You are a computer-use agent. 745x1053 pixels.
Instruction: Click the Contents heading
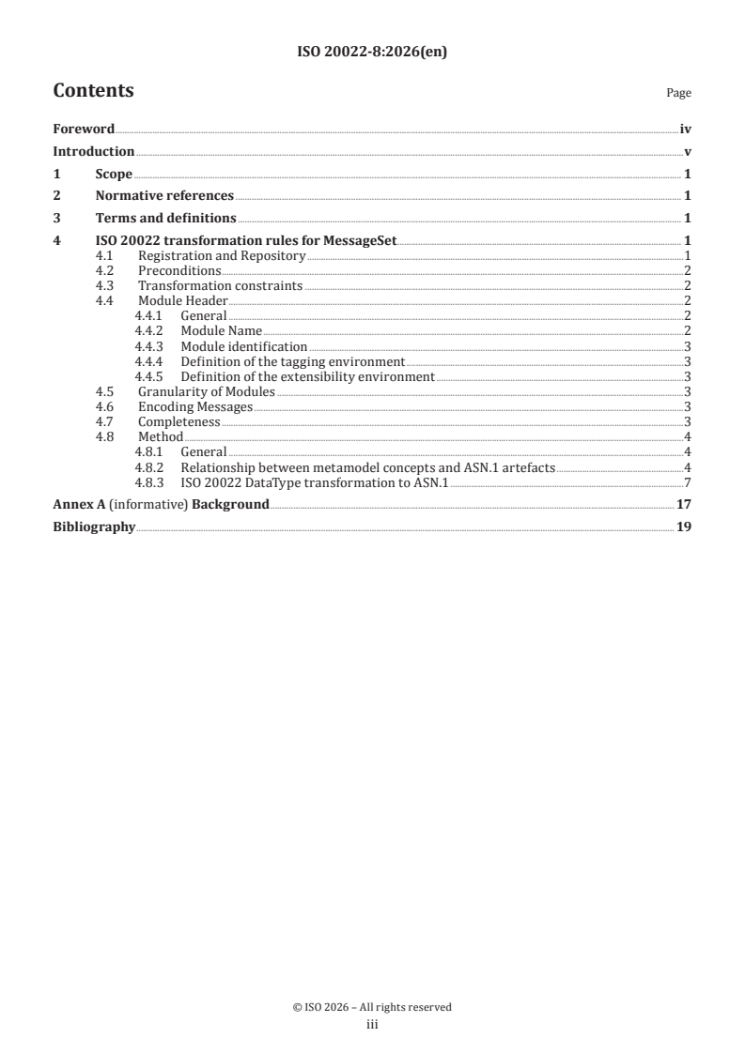pyautogui.click(x=93, y=91)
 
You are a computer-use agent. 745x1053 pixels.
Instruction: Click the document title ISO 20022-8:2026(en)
pyautogui.click(x=372, y=53)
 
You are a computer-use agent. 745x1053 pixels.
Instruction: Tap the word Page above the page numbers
pyautogui.click(x=678, y=93)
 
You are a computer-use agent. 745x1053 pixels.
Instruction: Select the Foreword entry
pyautogui.click(x=84, y=129)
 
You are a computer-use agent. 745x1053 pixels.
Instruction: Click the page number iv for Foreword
pyautogui.click(x=686, y=129)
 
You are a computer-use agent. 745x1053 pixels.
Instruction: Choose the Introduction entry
pyautogui.click(x=94, y=151)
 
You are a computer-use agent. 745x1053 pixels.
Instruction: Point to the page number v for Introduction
pyautogui.click(x=689, y=151)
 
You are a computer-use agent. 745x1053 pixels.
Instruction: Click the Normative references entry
pyautogui.click(x=164, y=195)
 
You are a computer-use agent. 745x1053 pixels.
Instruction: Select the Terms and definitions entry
pyautogui.click(x=165, y=218)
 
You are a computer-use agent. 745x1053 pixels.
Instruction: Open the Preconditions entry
pyautogui.click(x=179, y=270)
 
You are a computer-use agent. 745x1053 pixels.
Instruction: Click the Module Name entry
pyautogui.click(x=221, y=330)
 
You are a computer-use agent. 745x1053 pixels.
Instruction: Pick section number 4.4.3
pyautogui.click(x=148, y=346)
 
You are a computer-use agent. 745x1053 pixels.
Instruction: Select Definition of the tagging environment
pyautogui.click(x=292, y=361)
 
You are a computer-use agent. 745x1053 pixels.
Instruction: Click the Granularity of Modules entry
pyautogui.click(x=206, y=391)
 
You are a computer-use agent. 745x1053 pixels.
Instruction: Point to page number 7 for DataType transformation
pyautogui.click(x=689, y=482)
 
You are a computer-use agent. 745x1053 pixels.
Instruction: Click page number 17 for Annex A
pyautogui.click(x=685, y=505)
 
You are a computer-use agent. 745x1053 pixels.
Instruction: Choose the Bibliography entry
pyautogui.click(x=94, y=527)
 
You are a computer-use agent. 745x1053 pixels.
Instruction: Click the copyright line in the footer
pyautogui.click(x=372, y=1007)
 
